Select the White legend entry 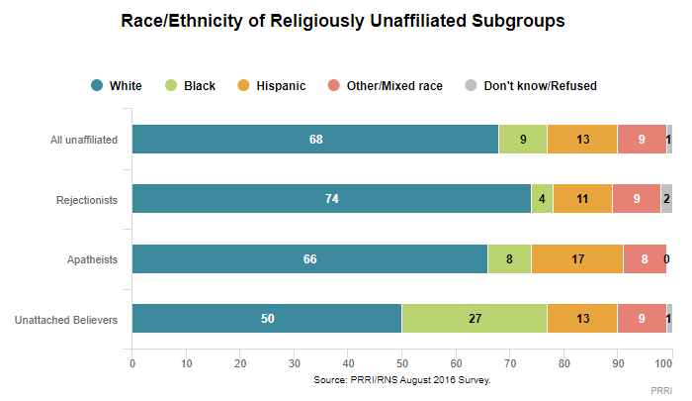117,86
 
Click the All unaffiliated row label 84,140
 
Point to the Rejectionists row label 89,199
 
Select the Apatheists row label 93,258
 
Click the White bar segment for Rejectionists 331,199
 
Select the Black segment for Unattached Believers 474,319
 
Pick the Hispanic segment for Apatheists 577,258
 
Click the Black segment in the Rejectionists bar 542,199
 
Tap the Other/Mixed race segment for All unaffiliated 642,140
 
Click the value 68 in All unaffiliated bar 315,140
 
